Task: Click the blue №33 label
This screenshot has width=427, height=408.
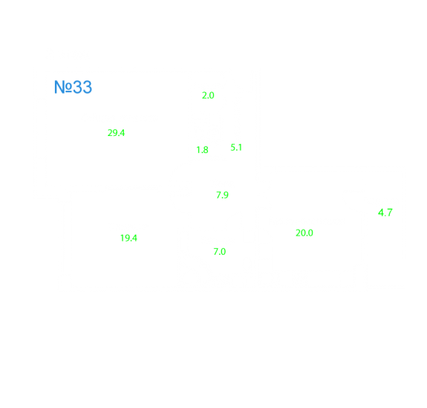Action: tap(73, 87)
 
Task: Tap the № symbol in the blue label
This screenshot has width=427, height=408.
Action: tap(63, 87)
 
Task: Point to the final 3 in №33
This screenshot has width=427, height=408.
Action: tap(87, 87)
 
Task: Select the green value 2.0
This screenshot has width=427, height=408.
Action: tap(208, 95)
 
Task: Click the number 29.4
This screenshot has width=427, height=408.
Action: tap(116, 133)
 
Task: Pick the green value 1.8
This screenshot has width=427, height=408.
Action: tap(202, 150)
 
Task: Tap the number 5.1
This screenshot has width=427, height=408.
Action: tap(236, 147)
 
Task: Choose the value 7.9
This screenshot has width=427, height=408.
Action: tap(222, 195)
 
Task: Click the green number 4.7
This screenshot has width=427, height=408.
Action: tap(385, 213)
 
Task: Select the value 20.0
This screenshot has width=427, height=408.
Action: tap(304, 233)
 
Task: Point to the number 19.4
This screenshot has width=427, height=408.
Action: tap(128, 239)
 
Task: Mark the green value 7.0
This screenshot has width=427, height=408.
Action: tap(220, 251)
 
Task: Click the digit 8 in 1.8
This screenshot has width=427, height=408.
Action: tap(206, 150)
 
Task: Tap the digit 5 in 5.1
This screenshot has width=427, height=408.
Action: tap(233, 147)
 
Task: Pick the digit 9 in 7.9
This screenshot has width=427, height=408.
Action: tap(226, 195)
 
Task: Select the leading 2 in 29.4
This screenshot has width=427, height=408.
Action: tap(110, 133)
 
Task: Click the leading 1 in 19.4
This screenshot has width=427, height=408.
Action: tap(123, 239)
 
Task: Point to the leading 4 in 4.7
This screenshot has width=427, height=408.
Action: tap(381, 213)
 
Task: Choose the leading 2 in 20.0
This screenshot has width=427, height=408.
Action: tap(299, 233)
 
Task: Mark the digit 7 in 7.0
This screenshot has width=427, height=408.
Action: tap(216, 251)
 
